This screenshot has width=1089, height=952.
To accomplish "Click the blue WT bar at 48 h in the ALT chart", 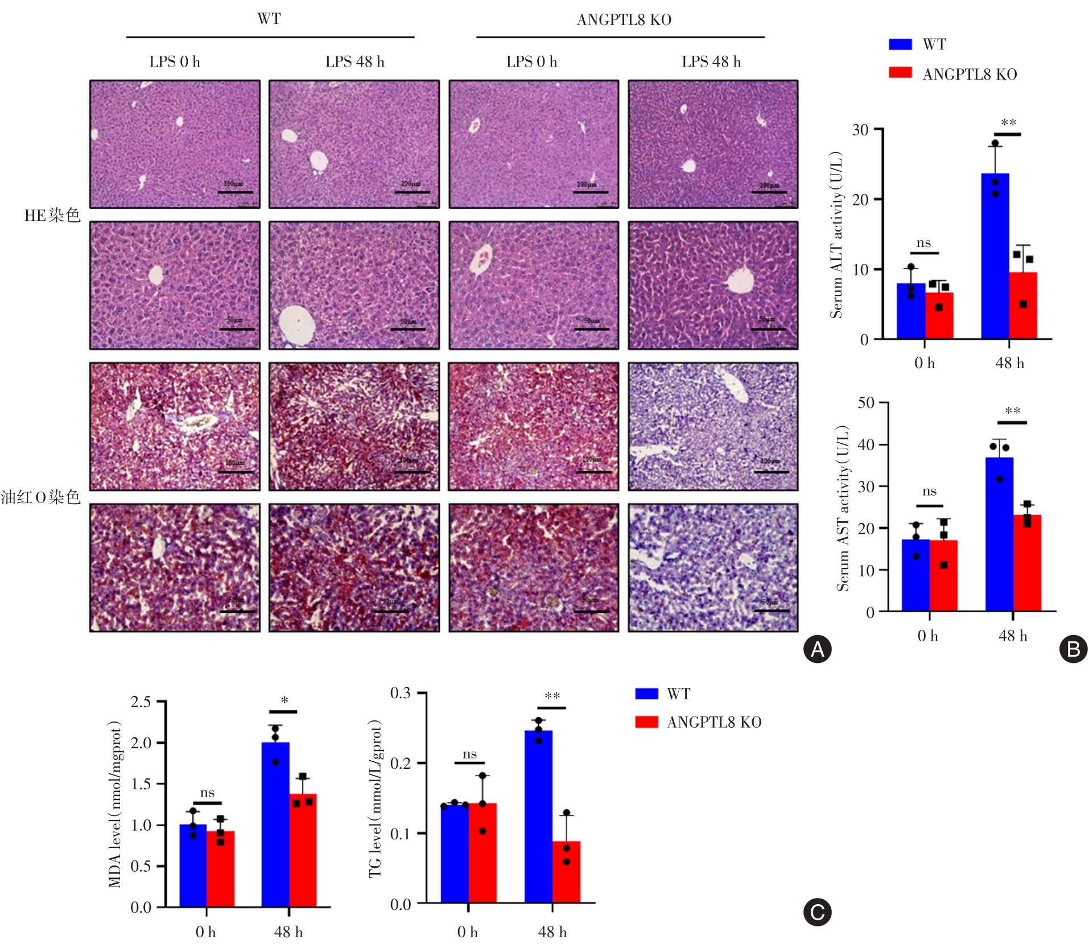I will [x=995, y=256].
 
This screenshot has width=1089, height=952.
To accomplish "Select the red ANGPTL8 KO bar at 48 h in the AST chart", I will [x=1027, y=563].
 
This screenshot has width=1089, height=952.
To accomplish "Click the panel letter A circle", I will [x=817, y=649].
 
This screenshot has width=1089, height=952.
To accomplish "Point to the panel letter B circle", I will [x=1073, y=649].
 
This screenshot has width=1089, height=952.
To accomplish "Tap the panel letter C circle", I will [x=817, y=912].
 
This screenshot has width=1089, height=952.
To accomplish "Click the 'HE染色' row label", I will [x=52, y=215].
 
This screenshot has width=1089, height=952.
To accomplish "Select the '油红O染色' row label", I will [x=40, y=497].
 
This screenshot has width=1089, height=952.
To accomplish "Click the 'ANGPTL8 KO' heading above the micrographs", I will [x=624, y=20].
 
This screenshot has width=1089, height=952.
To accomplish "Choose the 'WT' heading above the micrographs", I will [x=269, y=19].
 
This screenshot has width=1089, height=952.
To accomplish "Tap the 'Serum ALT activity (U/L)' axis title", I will [x=835, y=234].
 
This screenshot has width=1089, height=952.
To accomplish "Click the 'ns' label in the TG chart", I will [x=469, y=754].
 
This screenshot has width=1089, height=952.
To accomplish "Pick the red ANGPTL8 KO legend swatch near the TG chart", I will [x=646, y=722].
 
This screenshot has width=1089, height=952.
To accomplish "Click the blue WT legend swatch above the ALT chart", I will [x=900, y=44].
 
